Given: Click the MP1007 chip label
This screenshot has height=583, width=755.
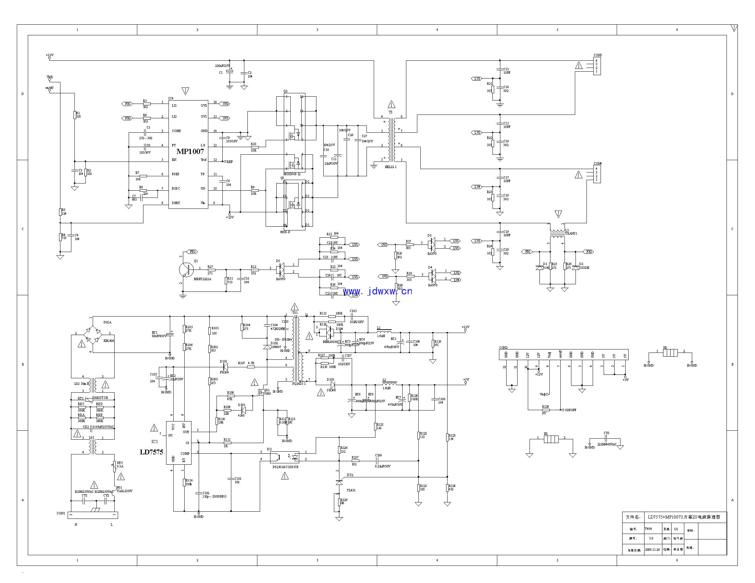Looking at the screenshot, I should [190, 151].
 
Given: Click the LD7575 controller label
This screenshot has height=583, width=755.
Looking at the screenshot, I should [151, 452].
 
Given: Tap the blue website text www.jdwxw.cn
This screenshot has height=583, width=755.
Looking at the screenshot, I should [377, 291].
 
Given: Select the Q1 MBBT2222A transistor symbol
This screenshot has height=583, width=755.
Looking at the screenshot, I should [186, 270].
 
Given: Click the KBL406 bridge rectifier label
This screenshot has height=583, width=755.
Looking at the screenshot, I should [108, 341].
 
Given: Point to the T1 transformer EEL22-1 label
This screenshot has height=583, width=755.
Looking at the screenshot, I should [391, 167].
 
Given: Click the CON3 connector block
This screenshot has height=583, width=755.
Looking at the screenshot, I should [597, 66].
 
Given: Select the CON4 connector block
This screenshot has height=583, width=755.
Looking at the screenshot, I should [597, 174].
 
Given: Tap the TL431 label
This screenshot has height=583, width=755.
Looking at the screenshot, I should [351, 490].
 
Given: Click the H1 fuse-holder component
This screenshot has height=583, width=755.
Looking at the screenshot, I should [670, 353].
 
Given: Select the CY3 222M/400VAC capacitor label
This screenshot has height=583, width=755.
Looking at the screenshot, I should [607, 444].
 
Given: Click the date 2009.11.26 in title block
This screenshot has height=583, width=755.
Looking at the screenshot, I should [652, 549].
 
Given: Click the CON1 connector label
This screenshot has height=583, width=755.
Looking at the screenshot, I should [61, 513].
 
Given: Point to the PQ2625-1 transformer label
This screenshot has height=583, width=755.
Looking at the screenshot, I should [299, 383].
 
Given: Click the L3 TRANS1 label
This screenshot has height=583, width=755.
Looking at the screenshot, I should [571, 233].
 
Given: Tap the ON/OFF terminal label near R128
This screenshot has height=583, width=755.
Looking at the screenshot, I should [570, 410].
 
